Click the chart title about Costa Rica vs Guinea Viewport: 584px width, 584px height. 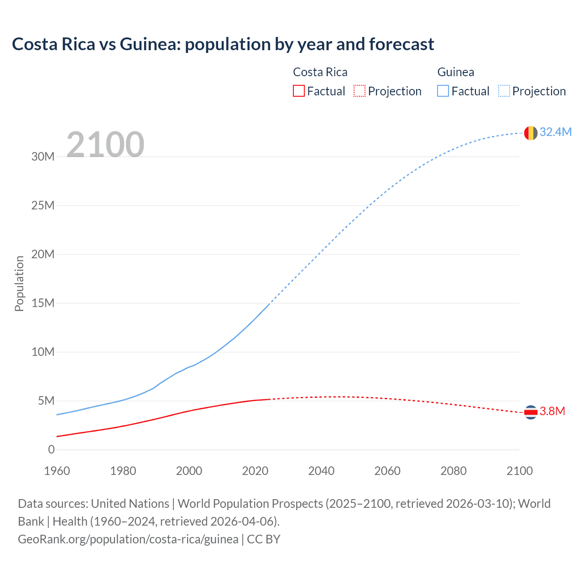[x=223, y=44]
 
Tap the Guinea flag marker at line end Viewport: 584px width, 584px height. [x=531, y=133]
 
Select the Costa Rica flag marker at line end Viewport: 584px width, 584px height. [x=531, y=412]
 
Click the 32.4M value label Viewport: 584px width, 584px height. [x=555, y=132]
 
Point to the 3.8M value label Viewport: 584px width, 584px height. [x=552, y=411]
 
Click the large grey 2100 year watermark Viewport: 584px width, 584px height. [x=105, y=145]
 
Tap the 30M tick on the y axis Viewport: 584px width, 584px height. [x=43, y=156]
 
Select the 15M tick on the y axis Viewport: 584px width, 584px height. [x=43, y=303]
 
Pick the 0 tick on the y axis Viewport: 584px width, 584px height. [x=51, y=449]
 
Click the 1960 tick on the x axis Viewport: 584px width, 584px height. [x=57, y=471]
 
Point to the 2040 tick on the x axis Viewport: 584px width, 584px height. [x=321, y=471]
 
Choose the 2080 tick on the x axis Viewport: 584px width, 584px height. [x=454, y=471]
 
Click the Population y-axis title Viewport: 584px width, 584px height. [x=19, y=283]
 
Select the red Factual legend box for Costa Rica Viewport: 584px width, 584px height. [x=298, y=91]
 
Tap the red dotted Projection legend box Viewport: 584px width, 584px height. [x=360, y=91]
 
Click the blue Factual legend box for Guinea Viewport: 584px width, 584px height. [x=443, y=91]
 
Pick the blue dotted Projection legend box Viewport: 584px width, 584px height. [x=504, y=91]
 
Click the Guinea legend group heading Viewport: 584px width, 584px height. [x=455, y=72]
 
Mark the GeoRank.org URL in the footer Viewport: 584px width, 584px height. [x=128, y=539]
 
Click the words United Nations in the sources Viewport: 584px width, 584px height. [x=130, y=503]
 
